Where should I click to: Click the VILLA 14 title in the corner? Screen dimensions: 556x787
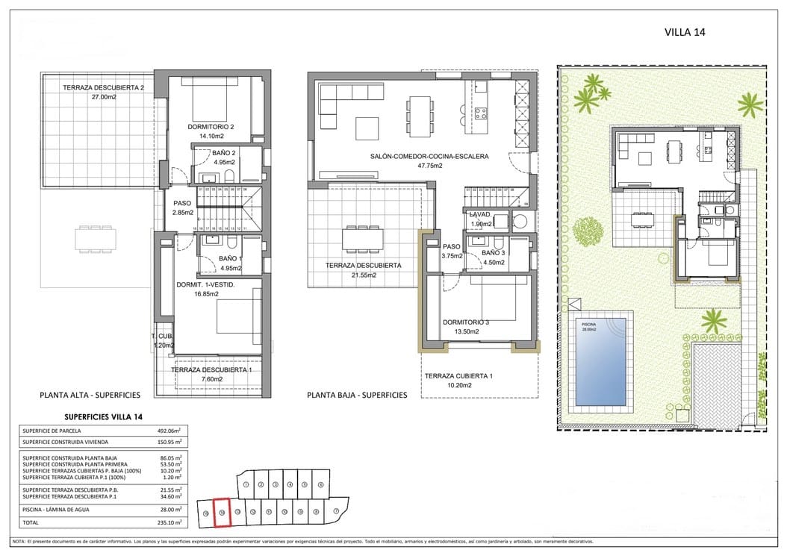click(x=685, y=32)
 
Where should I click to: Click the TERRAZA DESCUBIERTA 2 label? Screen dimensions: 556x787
click(x=103, y=87)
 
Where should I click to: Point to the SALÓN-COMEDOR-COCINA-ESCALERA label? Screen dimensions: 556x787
click(x=429, y=157)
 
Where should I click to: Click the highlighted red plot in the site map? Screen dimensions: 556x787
click(x=222, y=511)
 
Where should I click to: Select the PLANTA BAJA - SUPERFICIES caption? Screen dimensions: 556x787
click(x=357, y=395)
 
